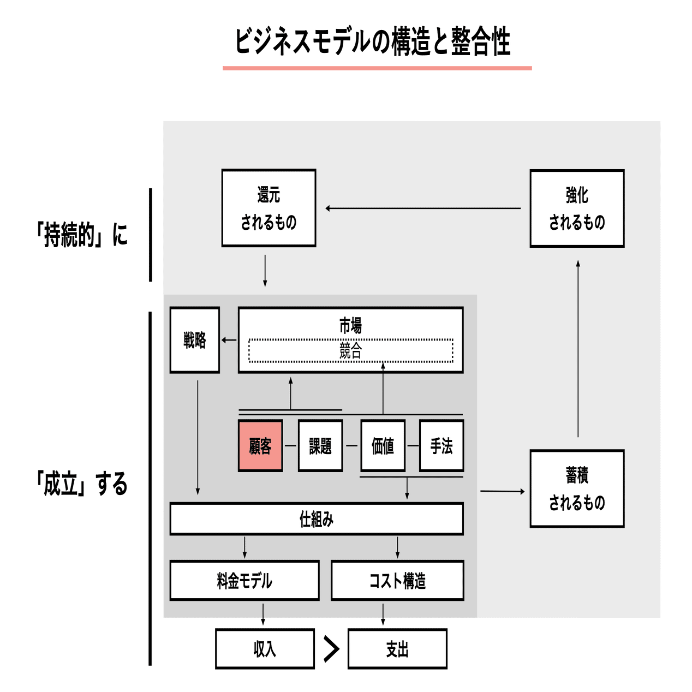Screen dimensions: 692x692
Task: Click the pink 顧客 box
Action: (x=260, y=445)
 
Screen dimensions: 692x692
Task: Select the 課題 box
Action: (x=320, y=445)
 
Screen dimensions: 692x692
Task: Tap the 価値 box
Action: (x=383, y=445)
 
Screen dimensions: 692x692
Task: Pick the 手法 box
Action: (x=442, y=445)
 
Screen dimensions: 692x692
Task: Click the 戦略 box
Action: (x=195, y=340)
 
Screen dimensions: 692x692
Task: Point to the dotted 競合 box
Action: (x=351, y=351)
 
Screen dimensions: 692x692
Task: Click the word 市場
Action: (x=350, y=325)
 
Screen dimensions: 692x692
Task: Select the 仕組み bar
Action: (x=317, y=518)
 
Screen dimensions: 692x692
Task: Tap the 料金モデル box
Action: (x=244, y=580)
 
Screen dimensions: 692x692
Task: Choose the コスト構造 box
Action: (x=397, y=580)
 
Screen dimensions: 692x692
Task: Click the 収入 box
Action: (x=265, y=648)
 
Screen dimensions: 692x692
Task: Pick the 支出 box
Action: (x=397, y=648)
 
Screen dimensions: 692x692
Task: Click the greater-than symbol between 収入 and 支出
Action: (x=331, y=648)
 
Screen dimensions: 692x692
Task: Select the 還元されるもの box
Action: (x=269, y=208)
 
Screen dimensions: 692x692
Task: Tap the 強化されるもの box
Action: (x=577, y=208)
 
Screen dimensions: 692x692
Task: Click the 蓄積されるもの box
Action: (x=577, y=488)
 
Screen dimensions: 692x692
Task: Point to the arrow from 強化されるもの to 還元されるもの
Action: (x=423, y=208)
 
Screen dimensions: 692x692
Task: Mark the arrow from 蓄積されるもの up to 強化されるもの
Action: (x=578, y=349)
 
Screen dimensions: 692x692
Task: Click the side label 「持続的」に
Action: (x=82, y=235)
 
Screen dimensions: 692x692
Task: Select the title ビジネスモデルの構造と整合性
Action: (x=373, y=41)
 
